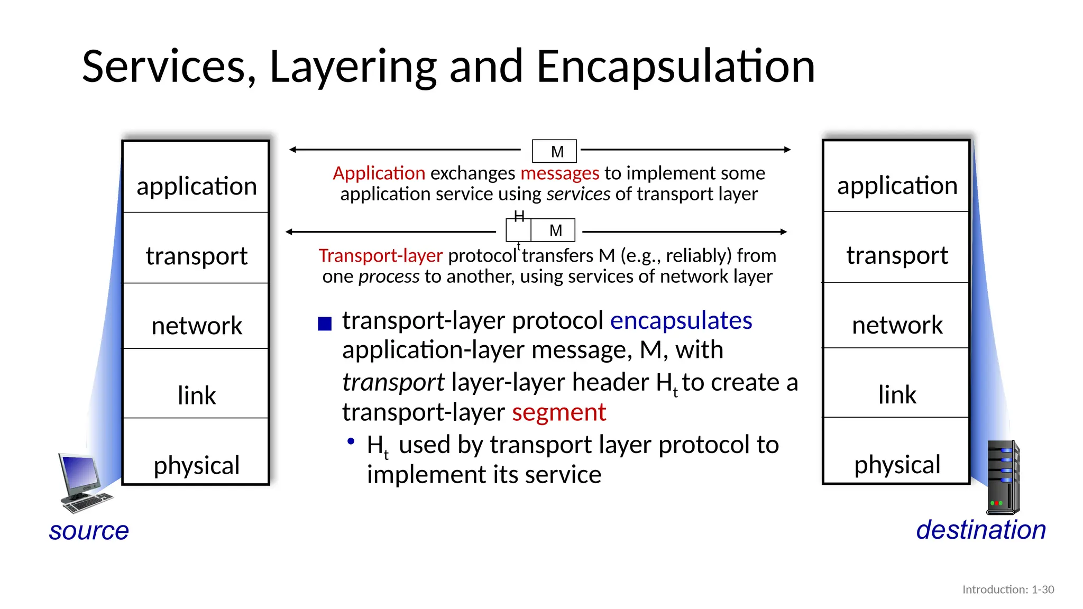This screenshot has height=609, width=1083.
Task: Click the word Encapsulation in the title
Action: [675, 67]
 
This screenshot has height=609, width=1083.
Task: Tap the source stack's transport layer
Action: [196, 256]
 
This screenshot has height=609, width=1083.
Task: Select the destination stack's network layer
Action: [897, 325]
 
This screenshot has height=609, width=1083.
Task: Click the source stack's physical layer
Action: [196, 465]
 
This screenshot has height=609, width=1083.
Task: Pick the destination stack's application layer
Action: [897, 186]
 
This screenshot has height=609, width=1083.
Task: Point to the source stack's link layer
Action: [196, 395]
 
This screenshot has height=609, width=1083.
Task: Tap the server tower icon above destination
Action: [1003, 478]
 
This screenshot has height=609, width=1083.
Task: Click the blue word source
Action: [89, 531]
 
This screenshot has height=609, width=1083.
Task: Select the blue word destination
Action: [981, 530]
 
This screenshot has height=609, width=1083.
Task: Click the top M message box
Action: [554, 151]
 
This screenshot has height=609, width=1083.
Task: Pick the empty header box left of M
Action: [518, 230]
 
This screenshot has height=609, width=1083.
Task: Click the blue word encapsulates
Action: [681, 321]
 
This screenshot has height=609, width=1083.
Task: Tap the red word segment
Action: [558, 412]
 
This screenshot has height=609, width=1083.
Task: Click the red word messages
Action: [559, 173]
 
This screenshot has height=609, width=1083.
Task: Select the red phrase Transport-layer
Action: [380, 256]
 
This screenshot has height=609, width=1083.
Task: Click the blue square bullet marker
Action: [325, 324]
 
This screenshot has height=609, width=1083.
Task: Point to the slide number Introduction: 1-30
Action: [1008, 589]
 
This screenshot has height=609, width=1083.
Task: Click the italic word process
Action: [389, 276]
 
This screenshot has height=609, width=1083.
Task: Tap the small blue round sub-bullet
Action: [351, 441]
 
